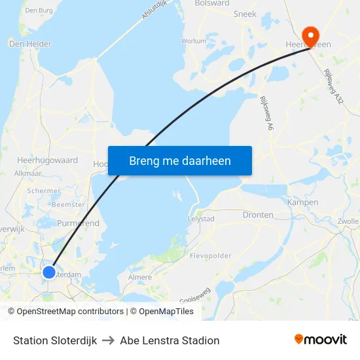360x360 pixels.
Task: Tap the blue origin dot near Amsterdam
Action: (49, 272)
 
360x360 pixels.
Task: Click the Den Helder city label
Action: (30, 44)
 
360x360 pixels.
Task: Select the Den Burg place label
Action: (38, 10)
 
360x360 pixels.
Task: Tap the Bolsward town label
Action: (212, 3)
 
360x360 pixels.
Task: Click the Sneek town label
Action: (245, 13)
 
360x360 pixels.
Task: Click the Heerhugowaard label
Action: (47, 160)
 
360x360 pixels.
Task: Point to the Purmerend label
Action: (78, 223)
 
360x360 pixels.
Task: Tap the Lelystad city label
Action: (201, 219)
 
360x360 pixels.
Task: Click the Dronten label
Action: (258, 215)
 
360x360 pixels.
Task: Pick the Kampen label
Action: (302, 203)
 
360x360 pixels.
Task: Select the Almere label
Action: (140, 278)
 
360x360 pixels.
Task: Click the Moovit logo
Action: (321, 340)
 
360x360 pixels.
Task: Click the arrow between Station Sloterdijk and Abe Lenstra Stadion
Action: (109, 340)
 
